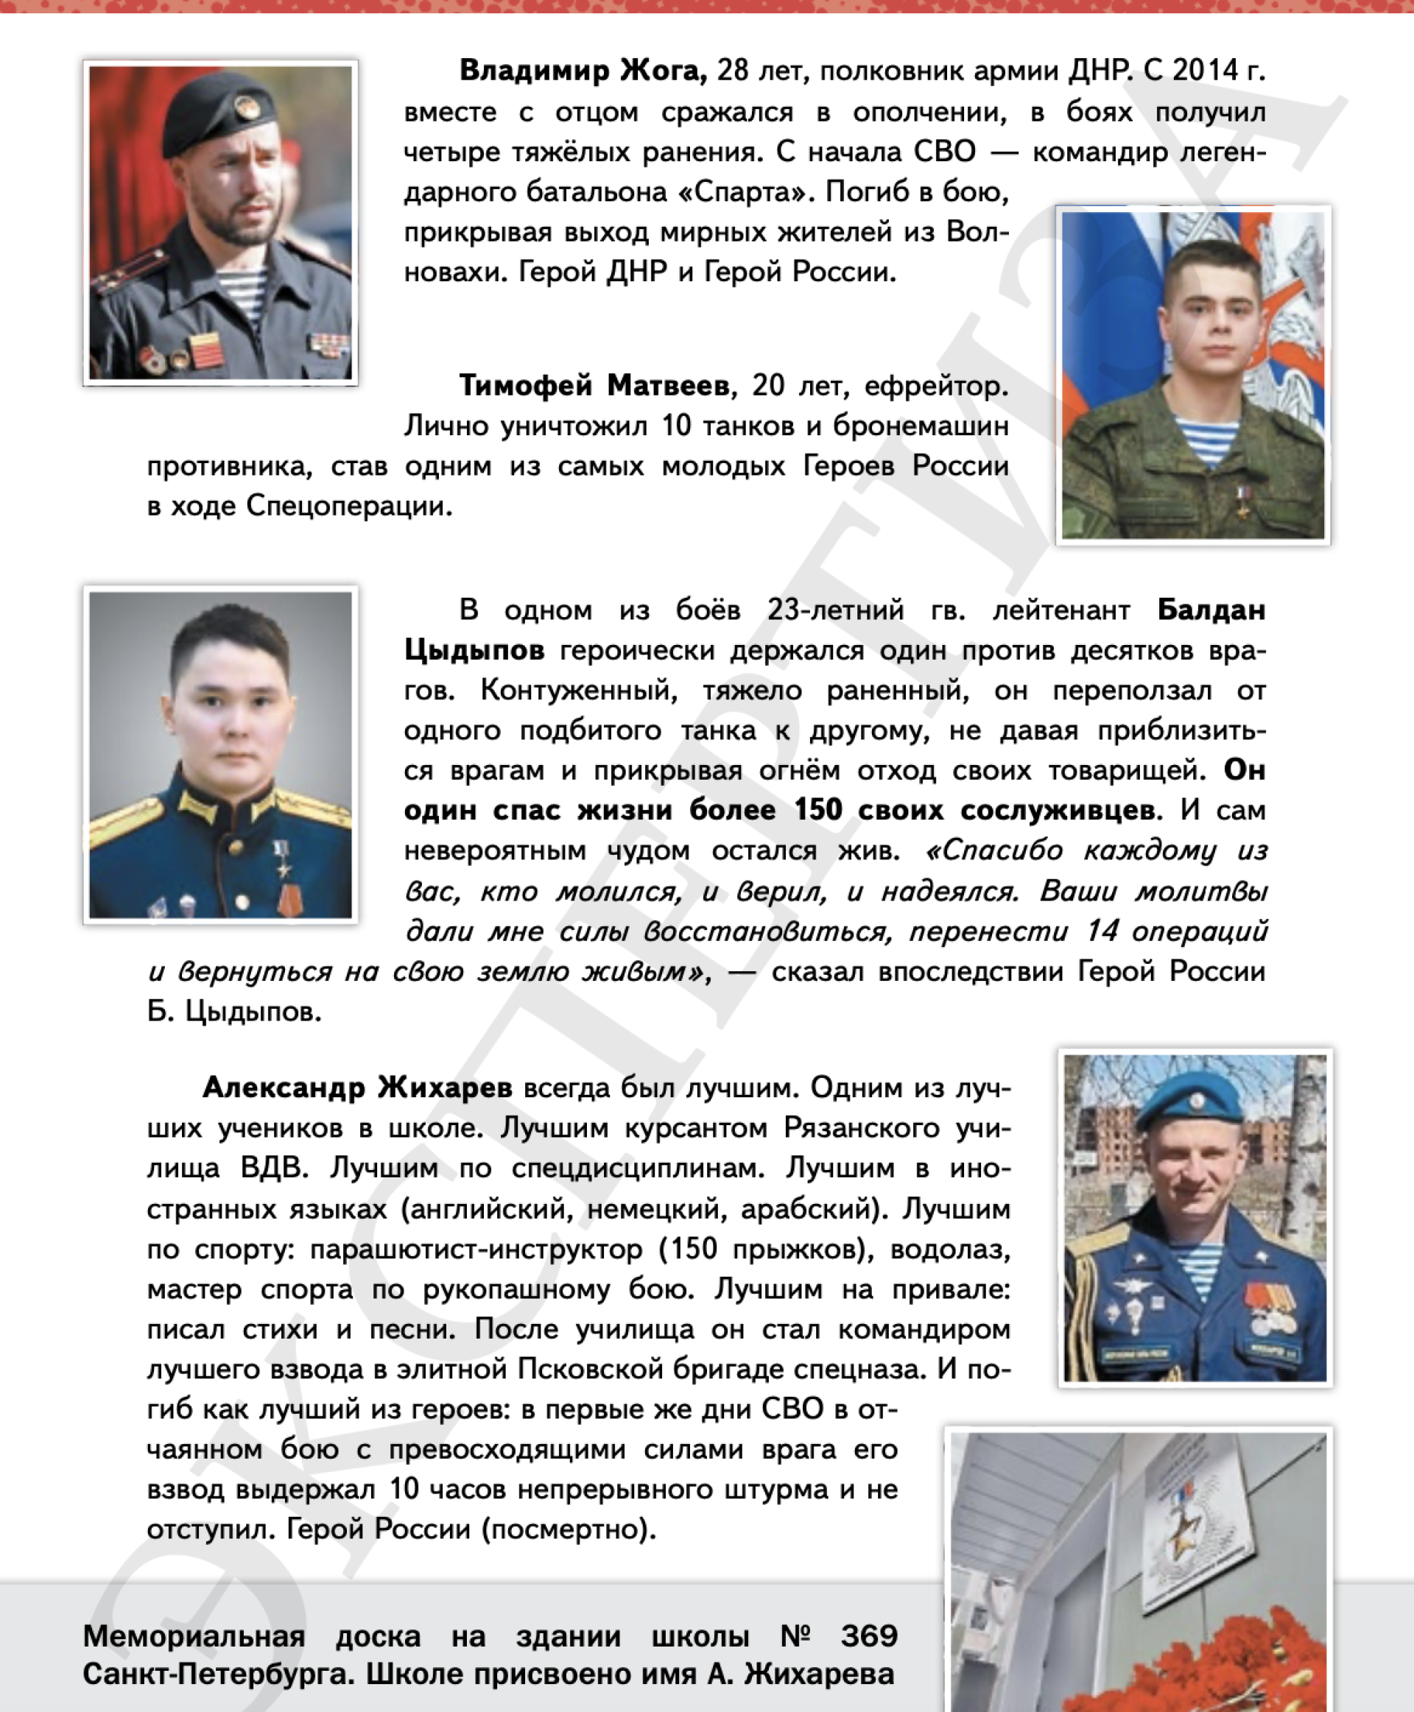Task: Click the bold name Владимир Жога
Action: click(x=583, y=71)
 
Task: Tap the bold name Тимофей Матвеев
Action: click(x=594, y=385)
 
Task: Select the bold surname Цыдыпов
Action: click(x=474, y=651)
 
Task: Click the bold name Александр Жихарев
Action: click(x=356, y=1088)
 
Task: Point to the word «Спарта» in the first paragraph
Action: click(x=745, y=192)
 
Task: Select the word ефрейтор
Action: click(x=936, y=385)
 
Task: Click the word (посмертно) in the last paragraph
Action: click(x=569, y=1529)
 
